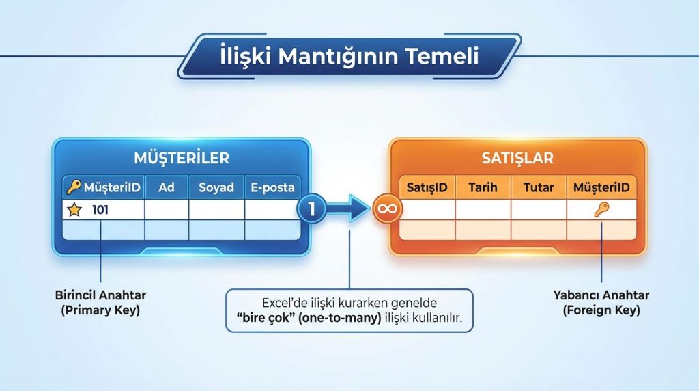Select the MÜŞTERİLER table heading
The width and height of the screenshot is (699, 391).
tap(182, 158)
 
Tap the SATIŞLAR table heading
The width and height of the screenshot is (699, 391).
tap(517, 158)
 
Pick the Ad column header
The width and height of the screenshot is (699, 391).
tap(167, 187)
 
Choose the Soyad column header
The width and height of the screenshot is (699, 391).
tap(216, 187)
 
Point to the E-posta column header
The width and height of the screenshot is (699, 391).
tap(272, 187)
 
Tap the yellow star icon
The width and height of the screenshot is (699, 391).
tap(74, 210)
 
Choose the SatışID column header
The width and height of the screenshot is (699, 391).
tap(427, 187)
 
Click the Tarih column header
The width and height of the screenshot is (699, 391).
tap(483, 187)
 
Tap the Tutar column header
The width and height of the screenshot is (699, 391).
tap(539, 187)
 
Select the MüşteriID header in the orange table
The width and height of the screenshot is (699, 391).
tap(601, 187)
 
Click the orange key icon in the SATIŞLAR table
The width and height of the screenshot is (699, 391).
tap(601, 210)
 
